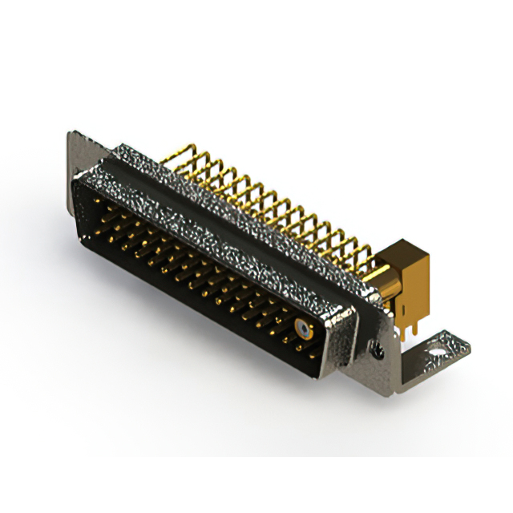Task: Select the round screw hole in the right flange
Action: [376, 346]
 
